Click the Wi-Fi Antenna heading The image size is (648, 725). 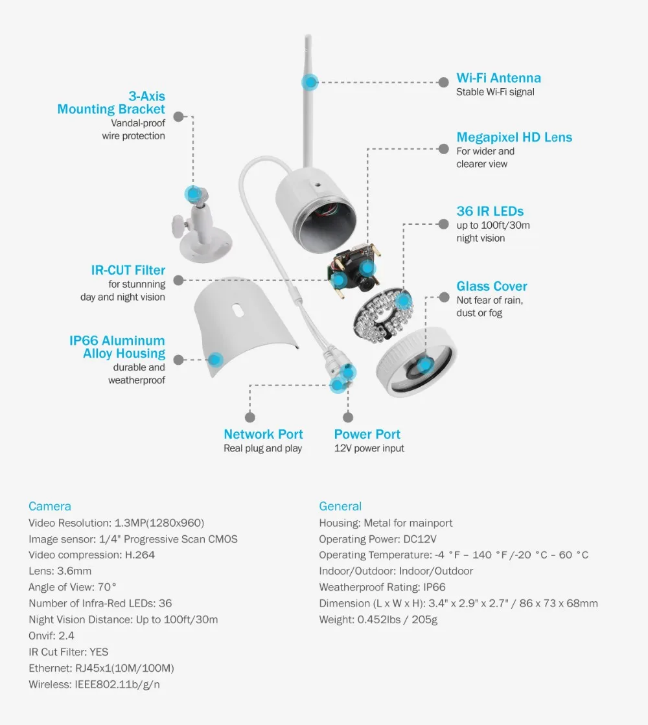498,78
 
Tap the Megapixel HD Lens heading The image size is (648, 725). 514,137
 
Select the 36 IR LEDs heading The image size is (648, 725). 490,211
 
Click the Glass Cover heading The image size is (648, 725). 492,286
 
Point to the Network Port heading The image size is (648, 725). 263,434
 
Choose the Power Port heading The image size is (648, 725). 367,434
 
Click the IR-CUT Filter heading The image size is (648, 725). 128,270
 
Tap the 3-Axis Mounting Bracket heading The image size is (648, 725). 111,103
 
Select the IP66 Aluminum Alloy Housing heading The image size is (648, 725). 117,347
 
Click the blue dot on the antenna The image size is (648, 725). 310,82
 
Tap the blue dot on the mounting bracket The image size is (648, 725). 192,193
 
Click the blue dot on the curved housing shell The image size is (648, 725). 215,360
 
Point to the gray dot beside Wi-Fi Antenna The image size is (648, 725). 443,82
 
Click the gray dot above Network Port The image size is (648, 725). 250,418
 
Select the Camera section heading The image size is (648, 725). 50,507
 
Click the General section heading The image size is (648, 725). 340,507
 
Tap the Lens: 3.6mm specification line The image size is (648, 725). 60,571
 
